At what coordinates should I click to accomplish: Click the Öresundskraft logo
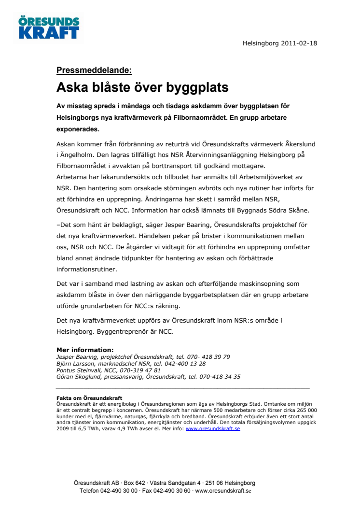coord(48,27)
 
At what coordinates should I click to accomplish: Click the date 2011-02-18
coord(297,43)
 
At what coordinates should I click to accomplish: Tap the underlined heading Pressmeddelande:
coord(94,70)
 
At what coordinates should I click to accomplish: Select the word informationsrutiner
coord(87,269)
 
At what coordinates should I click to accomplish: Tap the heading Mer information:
coord(85,350)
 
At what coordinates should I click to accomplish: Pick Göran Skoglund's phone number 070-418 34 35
coord(220,377)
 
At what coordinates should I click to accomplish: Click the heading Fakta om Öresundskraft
coord(89,398)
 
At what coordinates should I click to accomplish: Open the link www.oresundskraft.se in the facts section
coord(213,428)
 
